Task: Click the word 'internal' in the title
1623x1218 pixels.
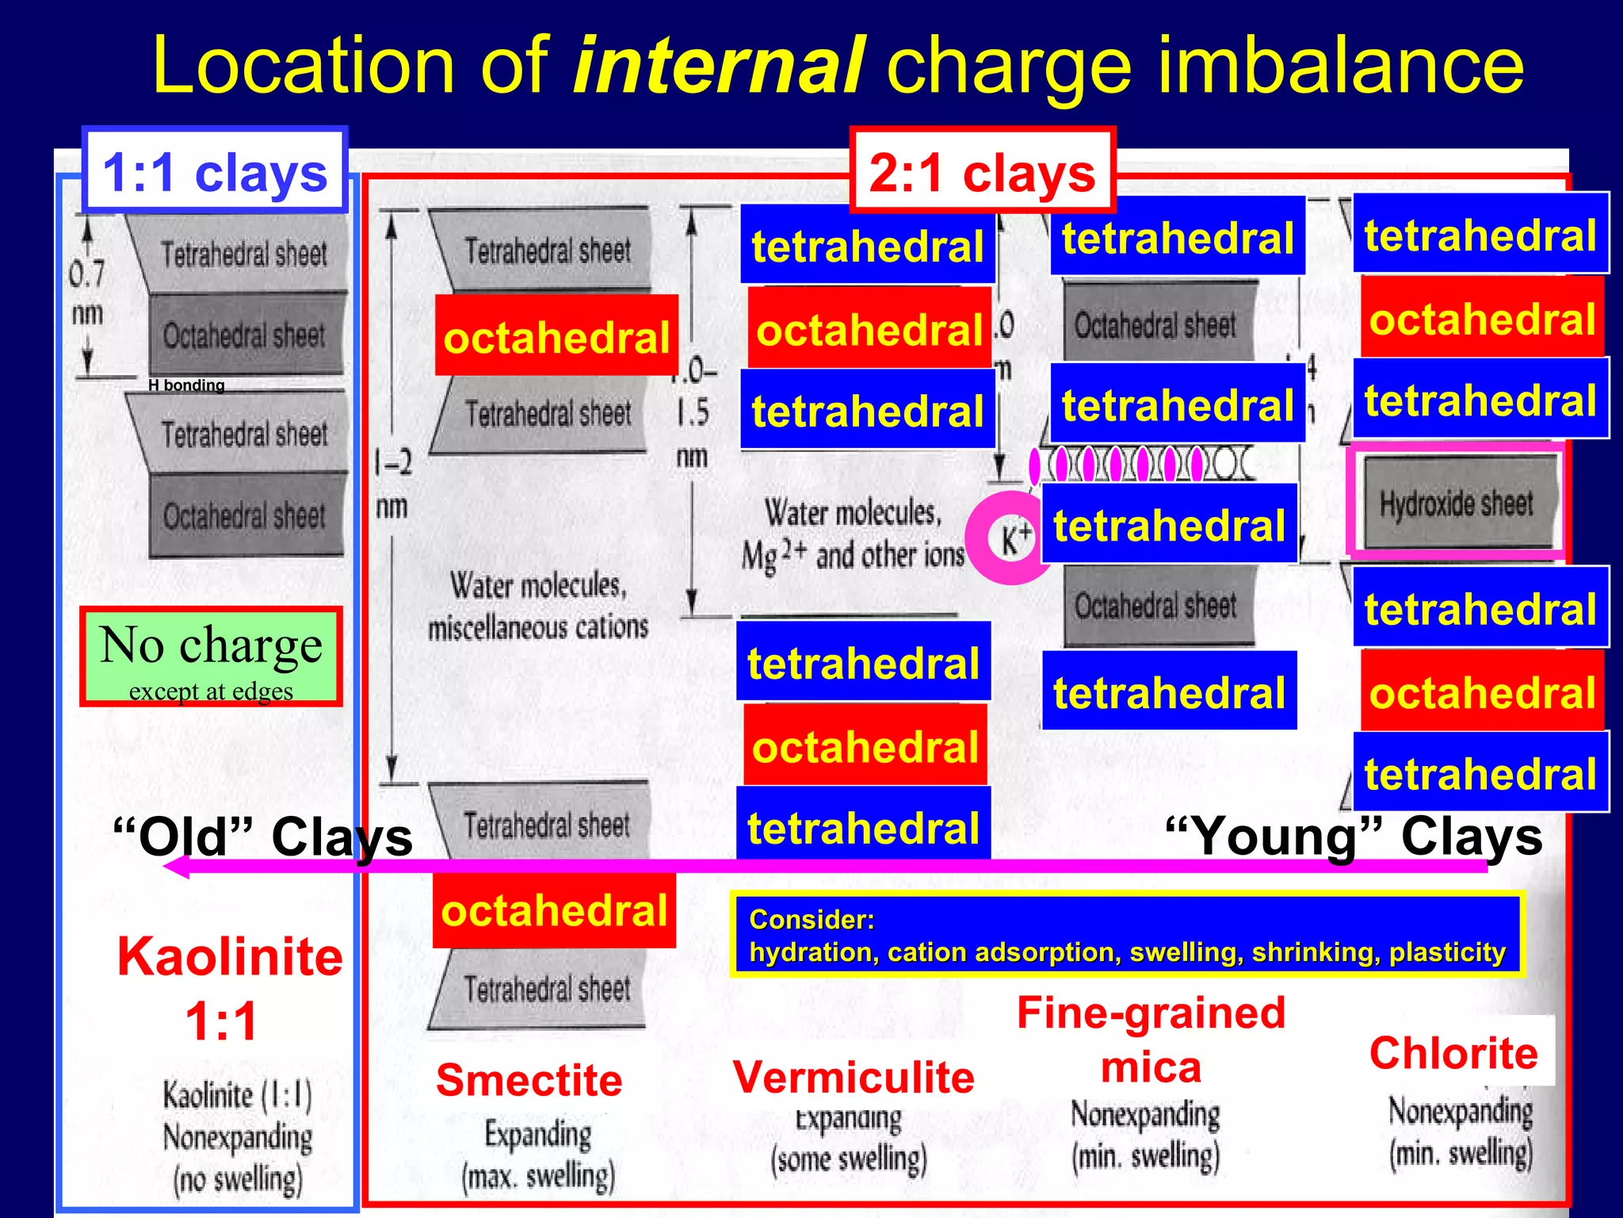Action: [717, 65]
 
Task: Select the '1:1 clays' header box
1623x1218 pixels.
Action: [215, 172]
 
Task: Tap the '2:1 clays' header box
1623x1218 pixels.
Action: [982, 172]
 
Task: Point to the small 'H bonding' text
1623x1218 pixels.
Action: [186, 385]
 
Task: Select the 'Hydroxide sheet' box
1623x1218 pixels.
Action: [1456, 503]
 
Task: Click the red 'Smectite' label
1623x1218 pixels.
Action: [529, 1080]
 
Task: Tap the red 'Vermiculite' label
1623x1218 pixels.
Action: [854, 1077]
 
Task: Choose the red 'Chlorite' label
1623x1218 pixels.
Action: [1453, 1053]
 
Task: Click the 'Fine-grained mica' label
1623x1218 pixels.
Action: [1151, 1040]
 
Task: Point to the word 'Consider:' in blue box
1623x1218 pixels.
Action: [811, 920]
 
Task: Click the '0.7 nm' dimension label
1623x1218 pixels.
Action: [86, 293]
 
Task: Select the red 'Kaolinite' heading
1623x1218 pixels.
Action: [230, 956]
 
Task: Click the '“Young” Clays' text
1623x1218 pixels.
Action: [1354, 837]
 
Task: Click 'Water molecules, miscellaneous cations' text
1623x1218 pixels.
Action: [538, 607]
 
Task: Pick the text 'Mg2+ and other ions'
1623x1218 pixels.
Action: [853, 555]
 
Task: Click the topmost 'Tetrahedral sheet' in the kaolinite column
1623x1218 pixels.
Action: [244, 255]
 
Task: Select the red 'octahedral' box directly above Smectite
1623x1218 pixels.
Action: [554, 910]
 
